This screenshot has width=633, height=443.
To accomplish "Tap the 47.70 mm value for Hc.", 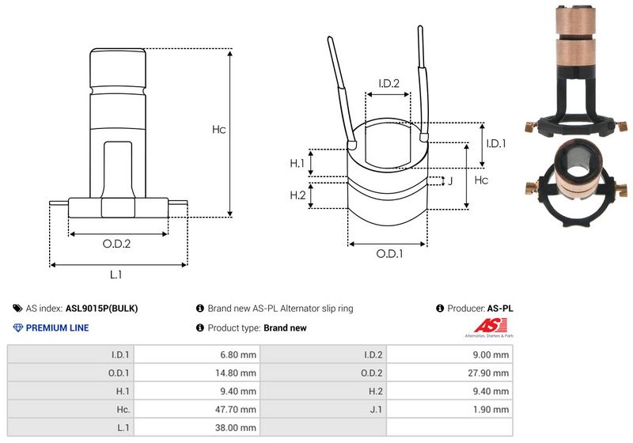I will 237,409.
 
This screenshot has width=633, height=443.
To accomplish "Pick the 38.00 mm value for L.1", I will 237,427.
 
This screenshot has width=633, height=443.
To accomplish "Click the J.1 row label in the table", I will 374,409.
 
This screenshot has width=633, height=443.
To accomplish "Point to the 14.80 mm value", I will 237,372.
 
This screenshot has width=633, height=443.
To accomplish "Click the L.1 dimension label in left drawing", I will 116,275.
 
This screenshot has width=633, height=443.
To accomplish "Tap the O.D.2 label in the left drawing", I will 116,244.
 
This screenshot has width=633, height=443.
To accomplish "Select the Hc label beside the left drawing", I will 218,130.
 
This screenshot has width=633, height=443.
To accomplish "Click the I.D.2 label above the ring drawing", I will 389,83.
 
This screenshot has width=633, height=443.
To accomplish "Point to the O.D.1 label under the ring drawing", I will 389,254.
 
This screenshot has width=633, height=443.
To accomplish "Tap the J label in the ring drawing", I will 450,181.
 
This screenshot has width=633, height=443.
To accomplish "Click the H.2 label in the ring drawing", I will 298,195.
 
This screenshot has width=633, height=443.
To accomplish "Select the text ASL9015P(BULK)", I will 106,309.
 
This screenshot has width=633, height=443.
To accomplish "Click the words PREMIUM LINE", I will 57,328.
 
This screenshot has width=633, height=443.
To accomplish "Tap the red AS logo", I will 485,325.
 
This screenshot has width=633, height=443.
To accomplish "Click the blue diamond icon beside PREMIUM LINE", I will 18,328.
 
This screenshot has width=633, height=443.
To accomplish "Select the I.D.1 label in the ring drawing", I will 496,143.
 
